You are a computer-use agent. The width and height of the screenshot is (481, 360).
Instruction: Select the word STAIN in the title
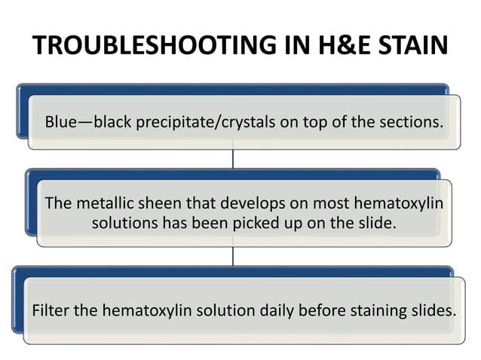tap(406, 46)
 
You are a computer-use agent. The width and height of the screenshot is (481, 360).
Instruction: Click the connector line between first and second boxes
tap(233, 159)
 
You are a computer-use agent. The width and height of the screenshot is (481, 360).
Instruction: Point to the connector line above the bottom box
tap(233, 255)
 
